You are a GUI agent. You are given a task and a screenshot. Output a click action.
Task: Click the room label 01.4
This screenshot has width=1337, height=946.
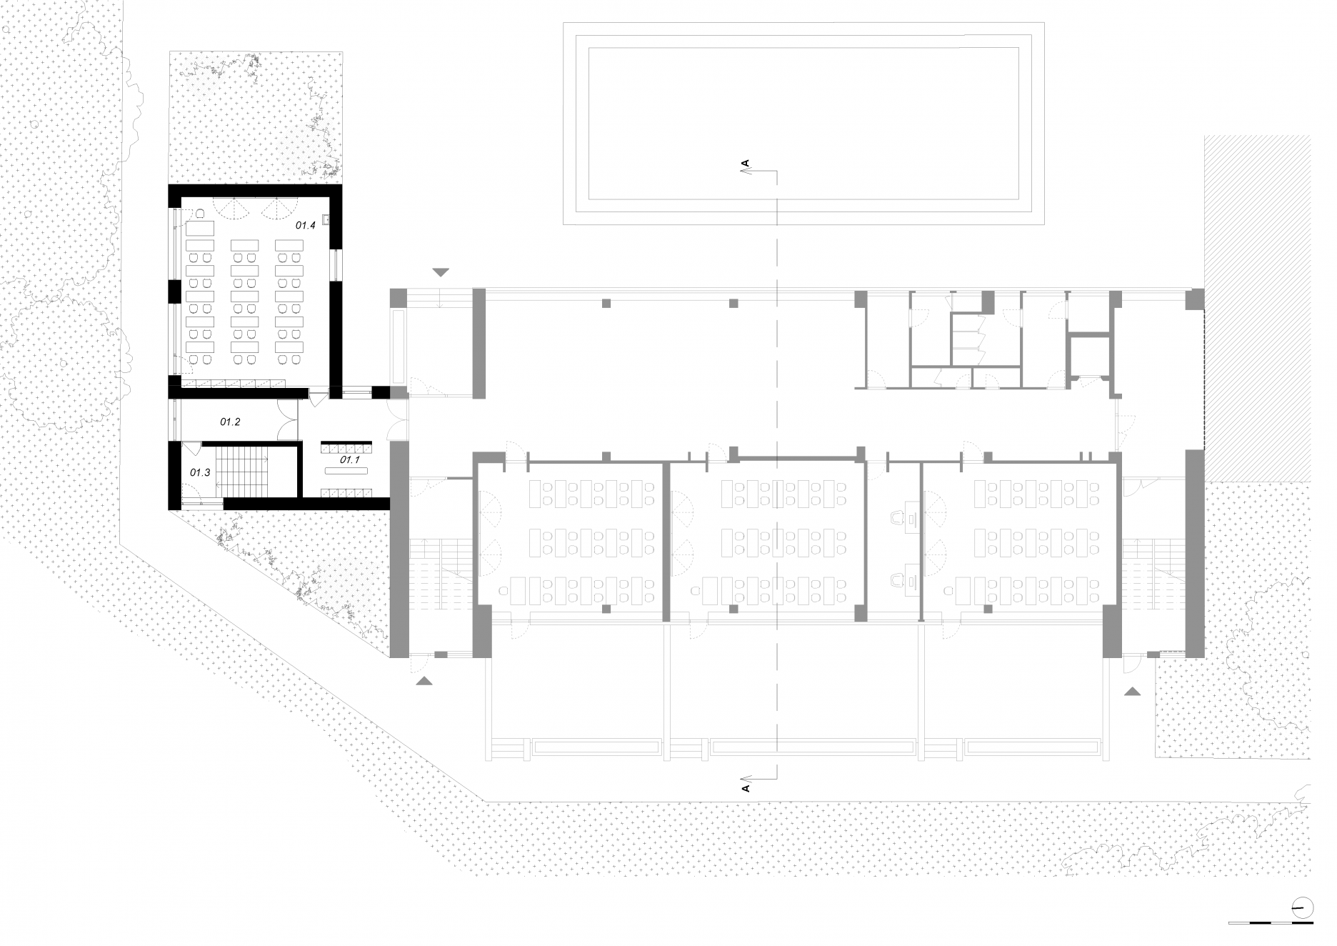tap(306, 225)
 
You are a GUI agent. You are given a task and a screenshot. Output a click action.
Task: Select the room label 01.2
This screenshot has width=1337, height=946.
tap(230, 422)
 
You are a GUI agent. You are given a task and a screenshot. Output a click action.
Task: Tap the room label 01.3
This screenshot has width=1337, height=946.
tap(200, 472)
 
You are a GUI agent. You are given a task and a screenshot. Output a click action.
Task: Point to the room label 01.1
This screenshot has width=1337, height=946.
tap(349, 460)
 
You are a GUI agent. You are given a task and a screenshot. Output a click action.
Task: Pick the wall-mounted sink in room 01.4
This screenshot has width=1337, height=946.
tap(326, 219)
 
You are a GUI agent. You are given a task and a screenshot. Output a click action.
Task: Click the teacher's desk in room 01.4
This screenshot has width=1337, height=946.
tap(201, 228)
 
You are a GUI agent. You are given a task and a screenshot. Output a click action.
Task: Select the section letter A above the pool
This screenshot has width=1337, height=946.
tap(746, 164)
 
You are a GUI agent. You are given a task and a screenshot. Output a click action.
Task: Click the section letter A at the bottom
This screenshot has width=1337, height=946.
tap(746, 788)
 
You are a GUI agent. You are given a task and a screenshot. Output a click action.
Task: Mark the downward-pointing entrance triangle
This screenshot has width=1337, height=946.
tap(441, 272)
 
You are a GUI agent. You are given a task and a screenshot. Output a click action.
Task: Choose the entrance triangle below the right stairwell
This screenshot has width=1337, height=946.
tap(1132, 691)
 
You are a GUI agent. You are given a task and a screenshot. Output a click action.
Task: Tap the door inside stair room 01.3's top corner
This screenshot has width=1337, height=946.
tap(191, 449)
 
